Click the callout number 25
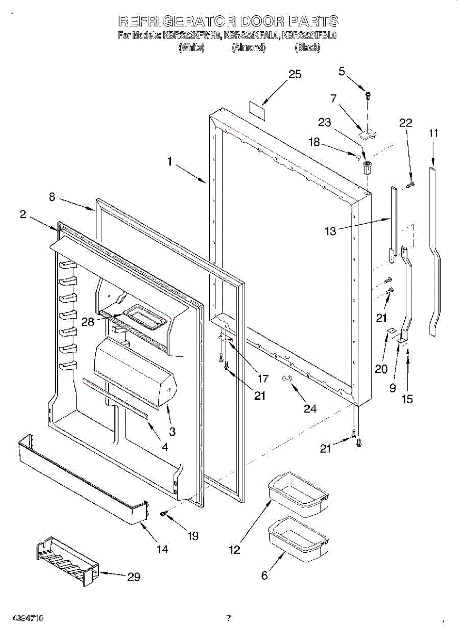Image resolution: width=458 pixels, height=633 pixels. point(295,74)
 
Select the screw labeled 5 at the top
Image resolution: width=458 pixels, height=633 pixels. point(367,95)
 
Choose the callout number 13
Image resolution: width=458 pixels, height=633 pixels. point(330,231)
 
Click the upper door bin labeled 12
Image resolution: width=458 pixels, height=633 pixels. point(298,494)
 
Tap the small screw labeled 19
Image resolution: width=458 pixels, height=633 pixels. point(164,513)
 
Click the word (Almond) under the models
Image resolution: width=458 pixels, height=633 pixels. point(248,47)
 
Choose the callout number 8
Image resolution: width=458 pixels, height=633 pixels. point(52,197)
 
